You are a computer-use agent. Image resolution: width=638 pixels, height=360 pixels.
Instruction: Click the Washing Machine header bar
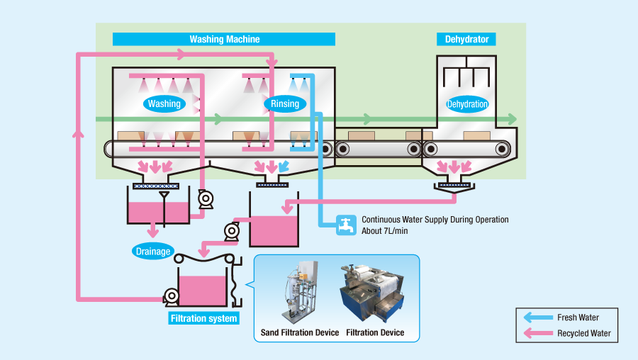click(224, 40)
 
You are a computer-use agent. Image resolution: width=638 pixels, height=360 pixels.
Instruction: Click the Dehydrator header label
click(466, 40)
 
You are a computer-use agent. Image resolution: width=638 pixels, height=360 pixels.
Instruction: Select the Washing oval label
click(164, 104)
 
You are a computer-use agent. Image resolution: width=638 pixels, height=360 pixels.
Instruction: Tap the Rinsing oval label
click(285, 104)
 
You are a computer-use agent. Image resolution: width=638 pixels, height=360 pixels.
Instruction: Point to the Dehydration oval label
click(467, 104)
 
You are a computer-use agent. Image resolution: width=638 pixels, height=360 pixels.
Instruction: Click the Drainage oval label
click(152, 250)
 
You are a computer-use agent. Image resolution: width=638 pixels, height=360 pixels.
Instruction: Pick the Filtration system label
click(203, 318)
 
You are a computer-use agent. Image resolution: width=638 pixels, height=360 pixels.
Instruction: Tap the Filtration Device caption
click(375, 332)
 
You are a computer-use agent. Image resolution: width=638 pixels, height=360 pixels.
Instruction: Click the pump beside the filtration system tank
click(170, 296)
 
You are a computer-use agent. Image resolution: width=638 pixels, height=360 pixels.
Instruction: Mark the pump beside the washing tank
click(206, 200)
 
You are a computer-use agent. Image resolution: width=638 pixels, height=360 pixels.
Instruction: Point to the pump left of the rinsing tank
click(232, 231)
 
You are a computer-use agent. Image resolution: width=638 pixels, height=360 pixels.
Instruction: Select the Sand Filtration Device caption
click(300, 332)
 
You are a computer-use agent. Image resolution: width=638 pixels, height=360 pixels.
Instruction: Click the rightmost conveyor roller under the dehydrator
click(503, 149)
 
